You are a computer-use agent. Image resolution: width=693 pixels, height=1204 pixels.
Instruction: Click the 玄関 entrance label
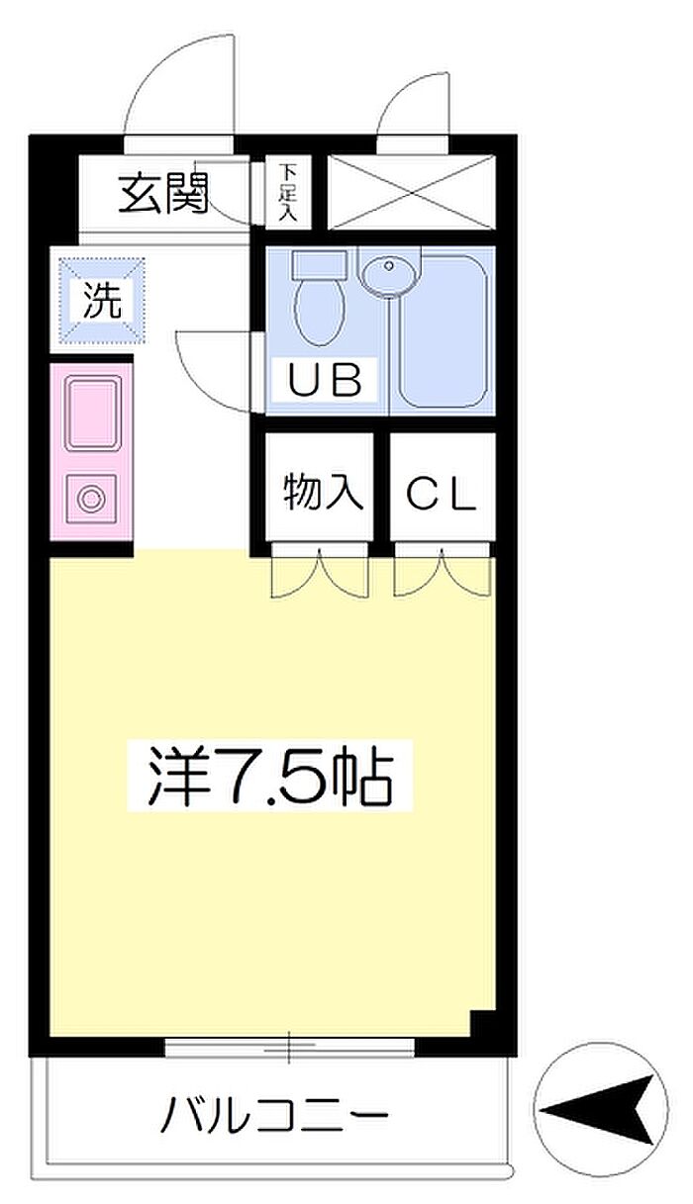point(162,194)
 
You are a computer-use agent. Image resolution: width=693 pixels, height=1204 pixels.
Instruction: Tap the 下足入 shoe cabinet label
point(287,193)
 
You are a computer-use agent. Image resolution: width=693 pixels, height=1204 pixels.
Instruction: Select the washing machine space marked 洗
point(102,301)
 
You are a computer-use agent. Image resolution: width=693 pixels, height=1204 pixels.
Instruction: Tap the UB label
point(325,380)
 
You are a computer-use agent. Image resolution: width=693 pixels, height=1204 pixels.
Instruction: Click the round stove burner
point(90,499)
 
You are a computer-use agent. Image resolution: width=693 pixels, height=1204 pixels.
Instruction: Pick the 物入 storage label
point(323,492)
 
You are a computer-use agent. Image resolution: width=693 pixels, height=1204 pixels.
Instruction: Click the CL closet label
point(442,494)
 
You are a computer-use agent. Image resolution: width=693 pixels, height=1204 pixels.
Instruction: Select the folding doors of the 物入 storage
point(320,572)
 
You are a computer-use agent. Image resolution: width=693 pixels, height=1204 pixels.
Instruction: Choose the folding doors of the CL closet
point(444,572)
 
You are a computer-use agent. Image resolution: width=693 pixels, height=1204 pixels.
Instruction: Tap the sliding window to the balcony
point(289,1047)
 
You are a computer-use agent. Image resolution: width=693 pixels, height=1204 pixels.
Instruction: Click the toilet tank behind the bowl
point(319,264)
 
